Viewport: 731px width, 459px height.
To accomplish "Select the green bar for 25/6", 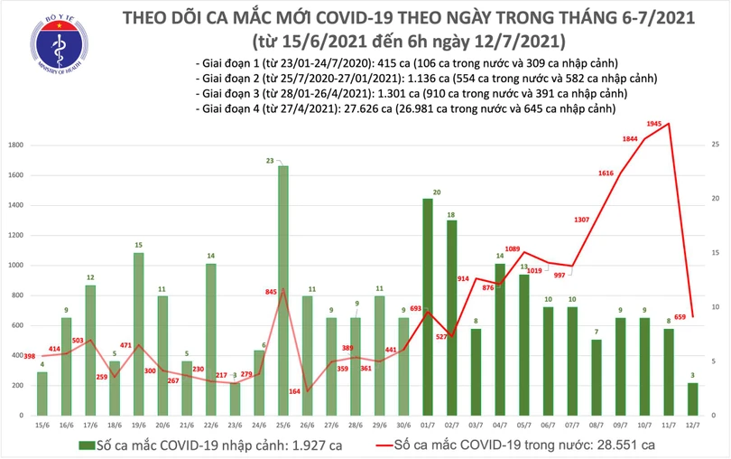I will [282, 289].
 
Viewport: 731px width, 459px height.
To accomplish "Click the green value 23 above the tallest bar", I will [282, 160].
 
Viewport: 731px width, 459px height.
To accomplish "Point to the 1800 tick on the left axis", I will [16, 145].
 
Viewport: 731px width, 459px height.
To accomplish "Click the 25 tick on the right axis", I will [715, 145].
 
